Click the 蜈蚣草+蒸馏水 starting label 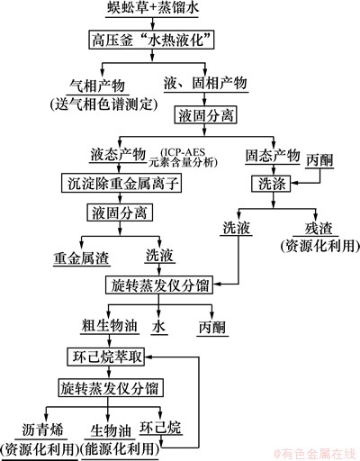[x=153, y=7]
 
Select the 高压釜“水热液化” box [x=151, y=40]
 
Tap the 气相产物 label [x=97, y=86]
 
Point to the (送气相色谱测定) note [x=103, y=104]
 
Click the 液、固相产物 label [x=205, y=83]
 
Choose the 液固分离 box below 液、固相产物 [x=205, y=115]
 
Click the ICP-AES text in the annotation [x=183, y=152]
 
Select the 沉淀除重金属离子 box [x=121, y=183]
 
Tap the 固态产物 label [x=273, y=155]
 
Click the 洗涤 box [x=272, y=184]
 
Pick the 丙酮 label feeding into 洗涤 [x=319, y=160]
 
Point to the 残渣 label [x=319, y=229]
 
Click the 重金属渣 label [x=81, y=258]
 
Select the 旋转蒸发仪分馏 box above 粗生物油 [x=159, y=285]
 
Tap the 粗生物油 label [x=110, y=326]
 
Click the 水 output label [x=158, y=326]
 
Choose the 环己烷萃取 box [x=105, y=357]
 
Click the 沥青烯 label [x=42, y=429]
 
